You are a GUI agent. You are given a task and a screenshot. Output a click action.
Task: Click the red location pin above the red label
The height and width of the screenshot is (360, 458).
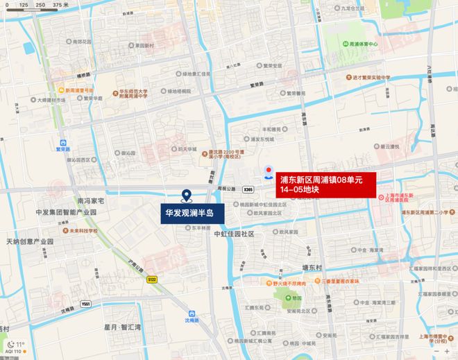coord(268,171)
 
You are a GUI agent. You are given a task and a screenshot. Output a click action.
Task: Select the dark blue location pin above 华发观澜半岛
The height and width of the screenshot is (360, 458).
coord(185,196)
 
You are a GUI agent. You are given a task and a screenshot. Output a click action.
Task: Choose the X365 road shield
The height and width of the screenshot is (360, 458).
coord(248,189)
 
